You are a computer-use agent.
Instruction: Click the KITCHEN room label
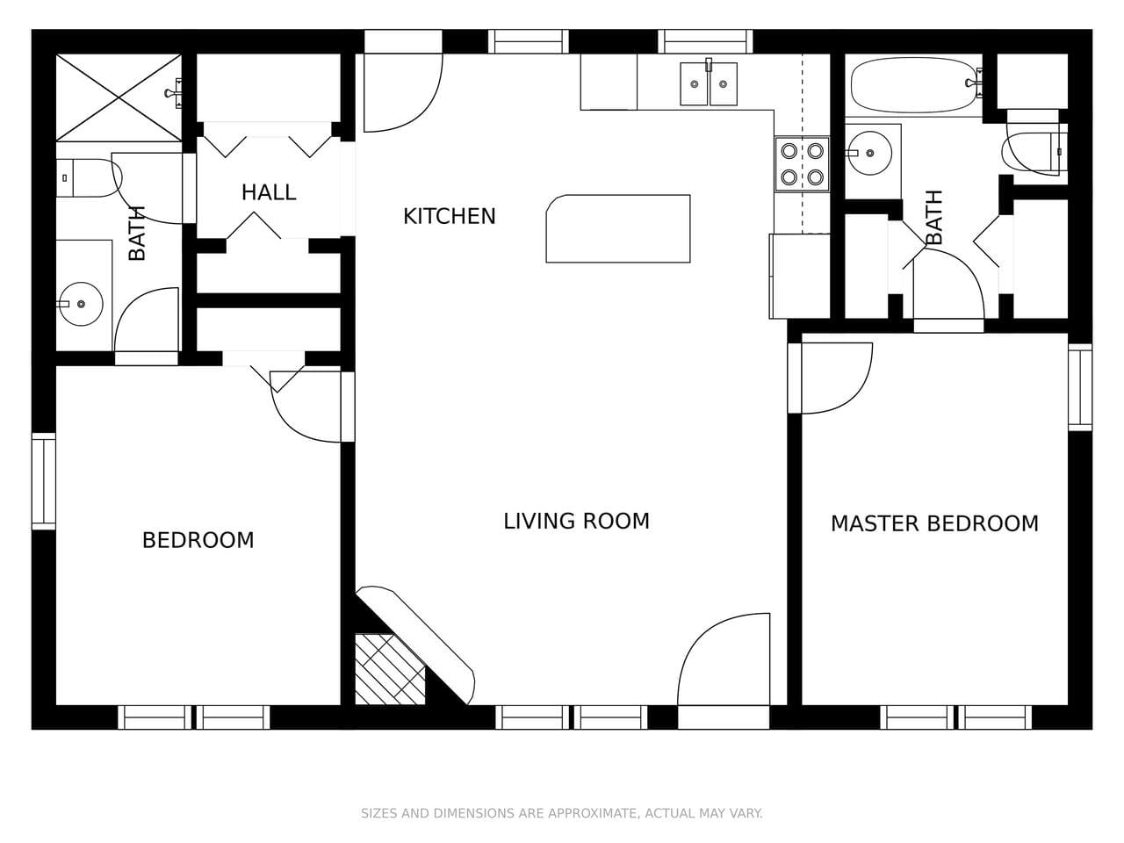pyautogui.click(x=449, y=216)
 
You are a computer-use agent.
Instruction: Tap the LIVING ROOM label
pyautogui.click(x=576, y=521)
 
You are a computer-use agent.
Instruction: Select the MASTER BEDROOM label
pyautogui.click(x=934, y=523)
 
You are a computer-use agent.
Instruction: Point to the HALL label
pyautogui.click(x=269, y=192)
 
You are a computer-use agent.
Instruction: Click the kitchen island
pyautogui.click(x=618, y=228)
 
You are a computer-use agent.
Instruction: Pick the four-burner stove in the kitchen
pyautogui.click(x=802, y=164)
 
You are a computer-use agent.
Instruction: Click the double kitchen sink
pyautogui.click(x=709, y=84)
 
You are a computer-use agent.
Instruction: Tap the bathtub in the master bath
pyautogui.click(x=913, y=85)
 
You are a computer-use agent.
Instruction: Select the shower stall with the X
pyautogui.click(x=119, y=97)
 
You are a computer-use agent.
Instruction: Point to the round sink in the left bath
pyautogui.click(x=80, y=304)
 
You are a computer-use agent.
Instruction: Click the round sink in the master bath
pyautogui.click(x=869, y=153)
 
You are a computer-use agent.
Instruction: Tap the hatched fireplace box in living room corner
pyautogui.click(x=388, y=669)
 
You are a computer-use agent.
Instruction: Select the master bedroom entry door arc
pyautogui.click(x=834, y=378)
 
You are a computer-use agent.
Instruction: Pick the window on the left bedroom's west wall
pyautogui.click(x=43, y=481)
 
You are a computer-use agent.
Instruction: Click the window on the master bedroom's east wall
pyautogui.click(x=1080, y=386)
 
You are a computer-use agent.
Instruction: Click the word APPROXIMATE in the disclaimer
pyautogui.click(x=594, y=813)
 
